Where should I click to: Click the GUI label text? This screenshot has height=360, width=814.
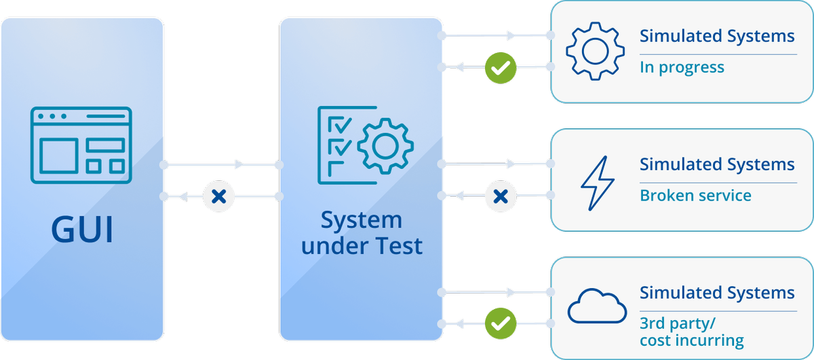coord(81,231)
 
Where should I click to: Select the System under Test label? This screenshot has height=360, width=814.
coord(362,233)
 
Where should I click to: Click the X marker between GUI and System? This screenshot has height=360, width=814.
coord(219,197)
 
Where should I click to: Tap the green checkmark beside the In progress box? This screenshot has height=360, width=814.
coord(501,67)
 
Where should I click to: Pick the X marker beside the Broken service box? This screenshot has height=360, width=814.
coord(501,197)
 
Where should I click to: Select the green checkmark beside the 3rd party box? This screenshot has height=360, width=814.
coord(501,325)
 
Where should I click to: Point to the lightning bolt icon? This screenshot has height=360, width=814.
coord(597,180)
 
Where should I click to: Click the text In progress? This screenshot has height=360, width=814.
coord(682,68)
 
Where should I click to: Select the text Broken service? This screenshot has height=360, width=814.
coord(695,196)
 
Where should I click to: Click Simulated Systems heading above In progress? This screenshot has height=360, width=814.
coord(717,36)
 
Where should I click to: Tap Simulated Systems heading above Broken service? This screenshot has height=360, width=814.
coord(717,165)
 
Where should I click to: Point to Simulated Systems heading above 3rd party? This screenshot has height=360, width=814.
coord(717,294)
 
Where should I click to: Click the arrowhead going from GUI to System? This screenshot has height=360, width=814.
coord(238,165)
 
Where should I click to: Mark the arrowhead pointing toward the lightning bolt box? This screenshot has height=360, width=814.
coord(510,163)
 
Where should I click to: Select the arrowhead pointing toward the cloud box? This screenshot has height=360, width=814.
coord(510,292)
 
